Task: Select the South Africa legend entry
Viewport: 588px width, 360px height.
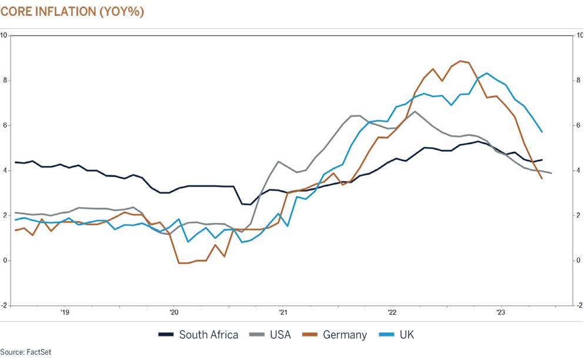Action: (x=199, y=335)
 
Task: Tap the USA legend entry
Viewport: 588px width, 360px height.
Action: (x=270, y=335)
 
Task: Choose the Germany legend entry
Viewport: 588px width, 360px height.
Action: (x=335, y=335)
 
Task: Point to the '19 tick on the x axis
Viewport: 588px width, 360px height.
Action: (x=65, y=312)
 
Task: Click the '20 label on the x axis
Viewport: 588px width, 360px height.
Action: (x=174, y=312)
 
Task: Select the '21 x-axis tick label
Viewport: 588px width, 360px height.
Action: (x=283, y=312)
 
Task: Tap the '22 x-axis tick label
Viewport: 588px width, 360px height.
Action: (x=392, y=312)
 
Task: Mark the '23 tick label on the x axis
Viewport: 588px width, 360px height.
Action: (x=501, y=312)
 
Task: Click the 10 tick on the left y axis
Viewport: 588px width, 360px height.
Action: (x=4, y=35)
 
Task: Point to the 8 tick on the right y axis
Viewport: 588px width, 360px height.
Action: (x=579, y=81)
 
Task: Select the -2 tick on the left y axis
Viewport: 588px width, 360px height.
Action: (x=4, y=305)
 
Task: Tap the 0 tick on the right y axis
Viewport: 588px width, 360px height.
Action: (x=579, y=261)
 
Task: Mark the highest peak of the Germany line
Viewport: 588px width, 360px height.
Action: (x=460, y=61)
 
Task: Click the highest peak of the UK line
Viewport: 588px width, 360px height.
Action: (x=487, y=73)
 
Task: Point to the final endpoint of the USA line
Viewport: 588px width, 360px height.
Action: (x=551, y=173)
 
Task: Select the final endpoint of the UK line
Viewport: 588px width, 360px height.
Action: (x=542, y=132)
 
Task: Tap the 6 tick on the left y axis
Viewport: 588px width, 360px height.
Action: (x=4, y=125)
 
